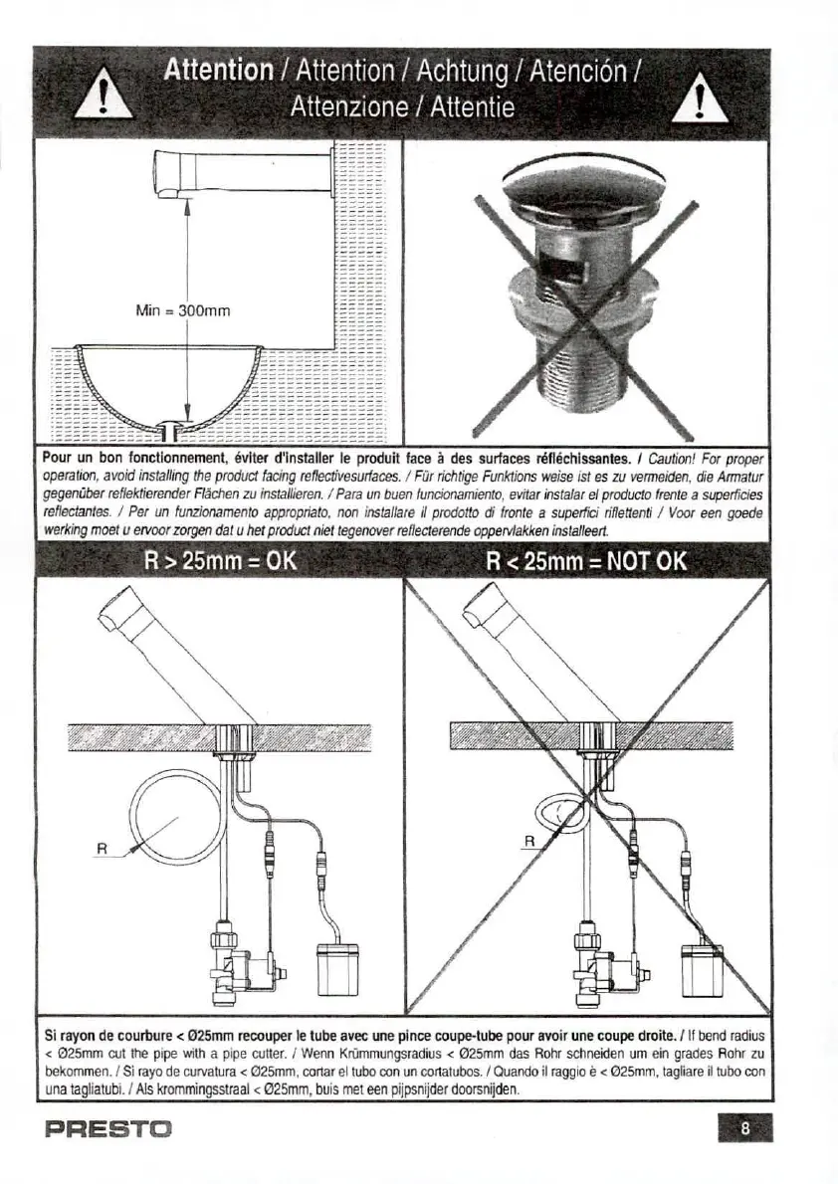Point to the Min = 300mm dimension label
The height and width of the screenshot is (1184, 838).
point(182,311)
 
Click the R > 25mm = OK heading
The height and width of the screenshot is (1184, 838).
point(220,560)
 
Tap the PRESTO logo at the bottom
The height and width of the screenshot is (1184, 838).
point(109,1129)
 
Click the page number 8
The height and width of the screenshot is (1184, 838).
point(744,1129)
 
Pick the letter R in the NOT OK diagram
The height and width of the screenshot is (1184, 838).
point(529,842)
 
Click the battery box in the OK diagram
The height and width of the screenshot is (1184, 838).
point(334,969)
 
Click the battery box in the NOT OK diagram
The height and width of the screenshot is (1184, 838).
point(701,969)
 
